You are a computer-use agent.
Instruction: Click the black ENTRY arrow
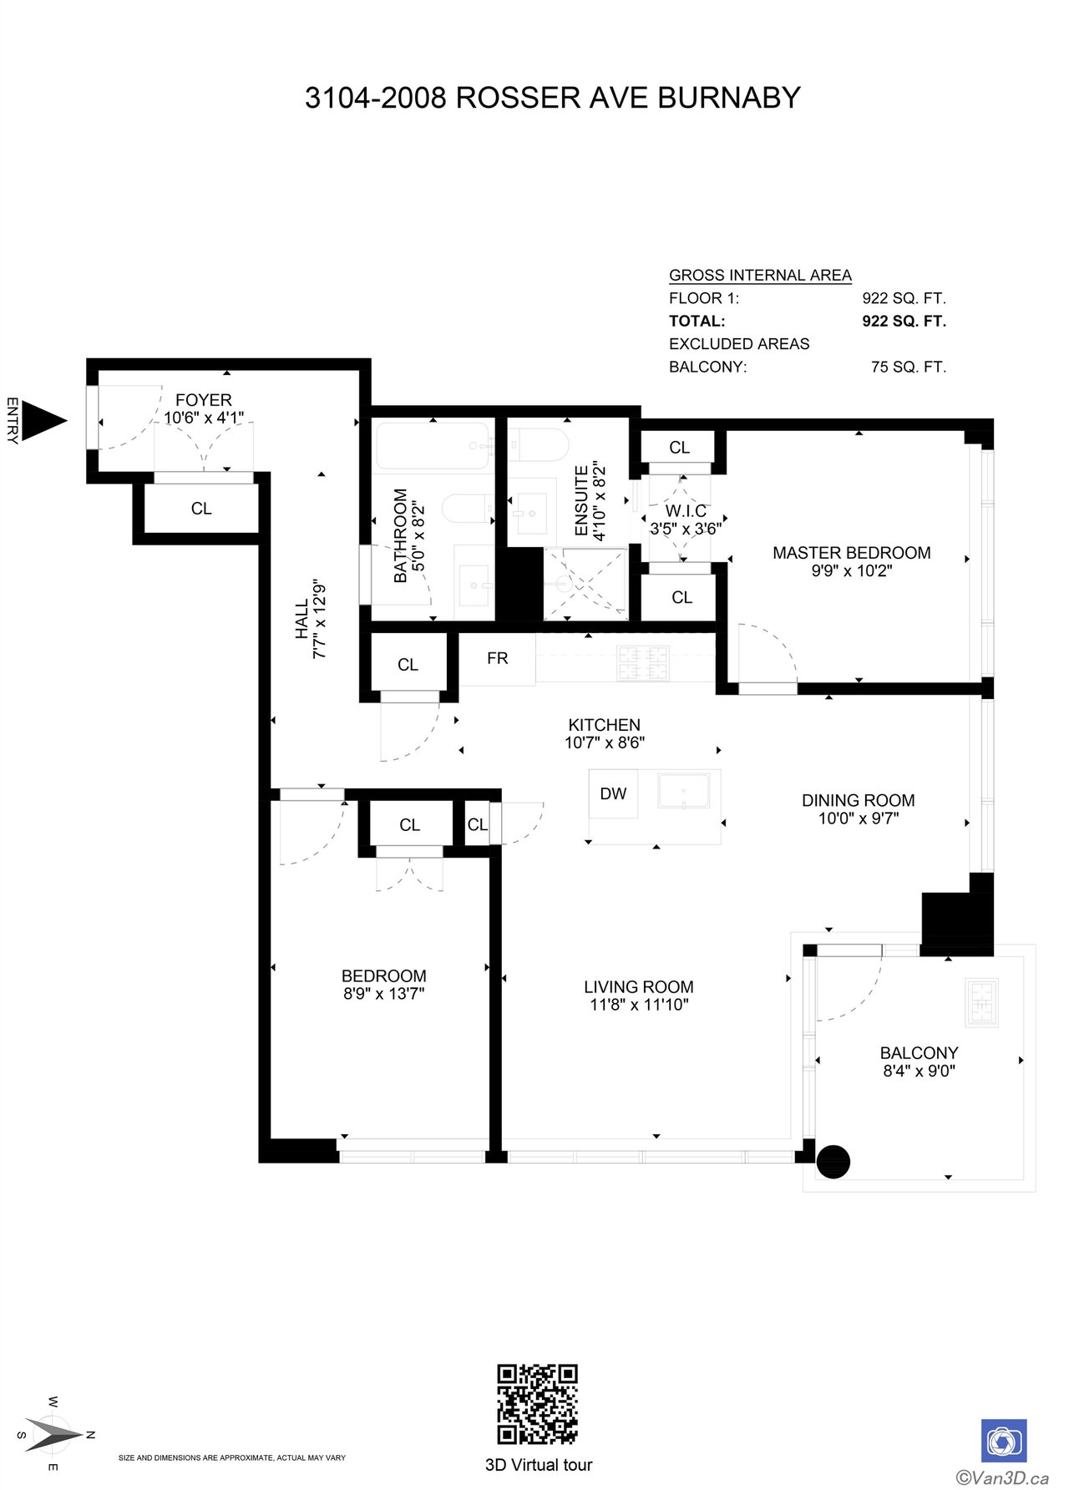(x=42, y=421)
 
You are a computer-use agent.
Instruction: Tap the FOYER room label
(x=204, y=400)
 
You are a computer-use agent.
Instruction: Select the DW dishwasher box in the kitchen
(x=613, y=793)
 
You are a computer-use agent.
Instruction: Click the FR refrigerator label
(x=498, y=658)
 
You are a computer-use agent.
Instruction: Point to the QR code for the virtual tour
(x=538, y=1404)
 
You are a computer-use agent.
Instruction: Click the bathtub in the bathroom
(x=433, y=446)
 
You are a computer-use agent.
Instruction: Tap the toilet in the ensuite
(x=539, y=445)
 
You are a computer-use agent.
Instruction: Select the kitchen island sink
(x=684, y=791)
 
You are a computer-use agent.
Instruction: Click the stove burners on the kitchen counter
(x=643, y=663)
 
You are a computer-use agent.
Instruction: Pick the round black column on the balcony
(x=833, y=1162)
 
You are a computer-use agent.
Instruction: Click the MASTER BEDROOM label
(x=852, y=553)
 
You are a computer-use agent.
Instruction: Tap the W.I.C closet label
(x=686, y=510)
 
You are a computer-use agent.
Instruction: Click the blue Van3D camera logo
(x=1004, y=1441)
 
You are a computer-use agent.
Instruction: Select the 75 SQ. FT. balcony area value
(x=909, y=367)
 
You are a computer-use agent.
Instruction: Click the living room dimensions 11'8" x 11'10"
(x=639, y=1005)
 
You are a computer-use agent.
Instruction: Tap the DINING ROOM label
(x=859, y=800)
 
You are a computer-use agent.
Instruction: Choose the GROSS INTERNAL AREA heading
(x=760, y=275)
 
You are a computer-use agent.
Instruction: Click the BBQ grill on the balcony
(x=982, y=1002)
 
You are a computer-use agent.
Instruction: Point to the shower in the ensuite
(x=585, y=584)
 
